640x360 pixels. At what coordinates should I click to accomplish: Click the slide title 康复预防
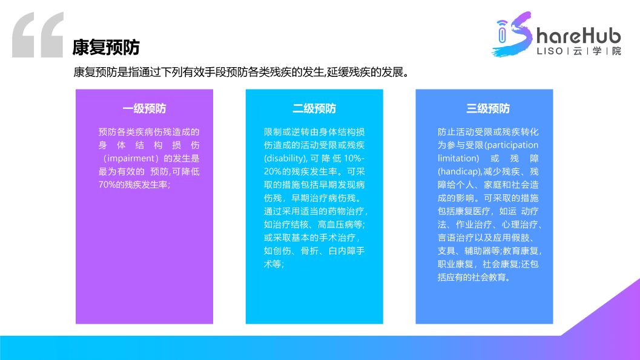click(107, 47)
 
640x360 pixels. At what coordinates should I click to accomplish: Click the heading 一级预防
click(144, 109)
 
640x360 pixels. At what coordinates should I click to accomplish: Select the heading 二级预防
click(314, 109)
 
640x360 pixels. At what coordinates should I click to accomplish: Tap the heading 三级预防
click(488, 109)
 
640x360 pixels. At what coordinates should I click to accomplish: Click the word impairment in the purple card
click(133, 158)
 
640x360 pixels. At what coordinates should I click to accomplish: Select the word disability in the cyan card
click(285, 158)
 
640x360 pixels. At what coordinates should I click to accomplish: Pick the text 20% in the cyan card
click(274, 171)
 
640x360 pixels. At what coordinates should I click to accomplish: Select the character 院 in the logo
click(616, 51)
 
